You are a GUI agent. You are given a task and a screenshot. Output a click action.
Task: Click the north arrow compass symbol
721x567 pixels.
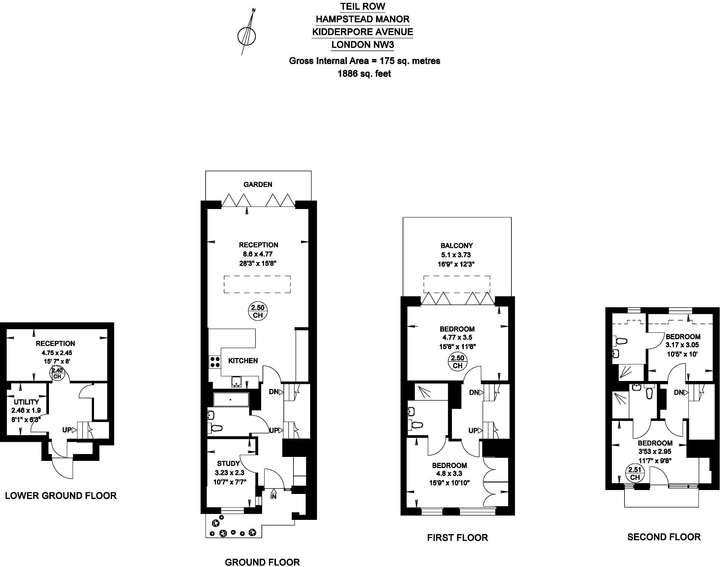pos(247,36)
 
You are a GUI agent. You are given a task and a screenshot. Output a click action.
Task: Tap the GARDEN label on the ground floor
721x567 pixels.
pos(258,185)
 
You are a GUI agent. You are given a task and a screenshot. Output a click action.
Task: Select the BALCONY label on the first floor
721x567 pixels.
pos(457,246)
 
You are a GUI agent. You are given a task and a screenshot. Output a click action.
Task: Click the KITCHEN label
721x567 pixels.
pos(243,360)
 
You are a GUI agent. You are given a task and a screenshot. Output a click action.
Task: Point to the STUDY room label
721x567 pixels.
pos(228,464)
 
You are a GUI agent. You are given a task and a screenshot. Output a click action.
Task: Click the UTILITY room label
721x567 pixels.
pos(26,402)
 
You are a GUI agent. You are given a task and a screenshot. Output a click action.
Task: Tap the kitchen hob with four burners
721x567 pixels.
pos(215,362)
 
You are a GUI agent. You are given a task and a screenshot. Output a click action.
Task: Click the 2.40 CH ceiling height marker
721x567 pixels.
pos(57,373)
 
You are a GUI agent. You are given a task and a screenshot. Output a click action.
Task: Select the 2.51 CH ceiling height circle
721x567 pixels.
pos(635,473)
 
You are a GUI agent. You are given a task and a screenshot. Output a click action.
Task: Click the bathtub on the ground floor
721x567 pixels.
pos(231,399)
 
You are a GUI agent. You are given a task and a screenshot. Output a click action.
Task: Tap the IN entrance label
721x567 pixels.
pos(274,497)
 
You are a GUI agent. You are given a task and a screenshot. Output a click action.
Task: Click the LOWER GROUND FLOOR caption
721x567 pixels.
pos(61,496)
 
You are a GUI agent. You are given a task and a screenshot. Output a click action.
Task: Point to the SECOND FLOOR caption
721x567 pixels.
pos(664,537)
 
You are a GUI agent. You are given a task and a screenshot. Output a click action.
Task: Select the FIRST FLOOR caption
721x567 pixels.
pos(457,538)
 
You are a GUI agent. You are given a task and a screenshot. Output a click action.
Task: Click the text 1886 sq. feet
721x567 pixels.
pos(364,74)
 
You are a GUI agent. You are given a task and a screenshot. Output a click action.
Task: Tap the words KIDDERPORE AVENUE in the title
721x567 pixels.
pos(363,32)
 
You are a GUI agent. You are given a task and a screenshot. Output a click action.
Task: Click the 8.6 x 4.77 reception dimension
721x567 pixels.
pos(258,254)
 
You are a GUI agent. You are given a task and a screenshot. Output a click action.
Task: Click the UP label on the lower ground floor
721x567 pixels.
pos(67,430)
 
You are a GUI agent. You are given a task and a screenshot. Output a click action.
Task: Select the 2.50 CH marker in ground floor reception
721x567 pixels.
pos(258,311)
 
